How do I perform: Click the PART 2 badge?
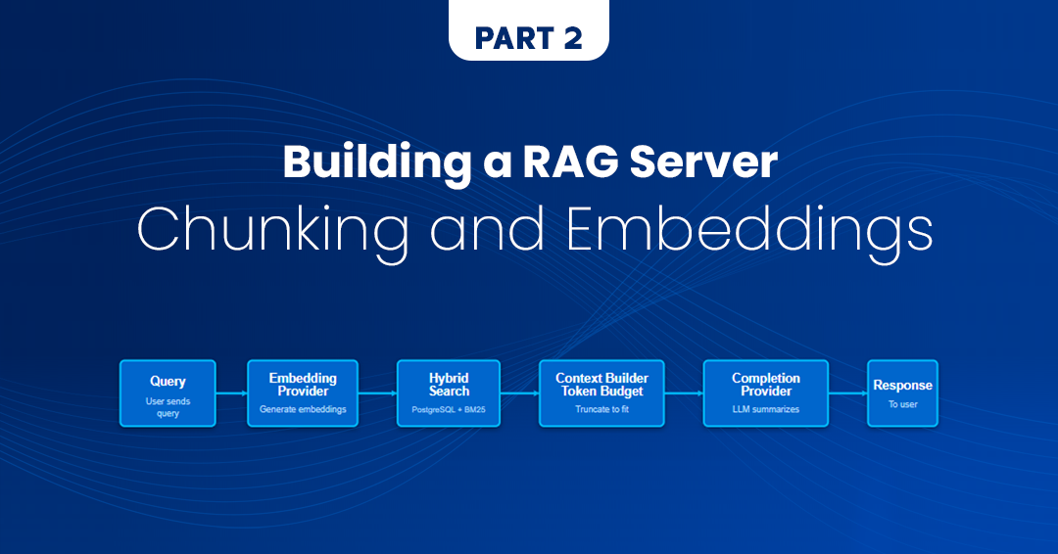[x=529, y=37]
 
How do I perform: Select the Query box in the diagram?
[x=168, y=392]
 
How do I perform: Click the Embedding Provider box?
[x=303, y=392]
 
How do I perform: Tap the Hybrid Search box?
[x=449, y=392]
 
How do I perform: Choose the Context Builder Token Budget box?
[x=601, y=392]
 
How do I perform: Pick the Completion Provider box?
[x=765, y=392]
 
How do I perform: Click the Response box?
[x=902, y=392]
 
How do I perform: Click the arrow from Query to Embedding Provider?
[x=231, y=393]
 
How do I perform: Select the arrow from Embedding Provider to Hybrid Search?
[x=377, y=393]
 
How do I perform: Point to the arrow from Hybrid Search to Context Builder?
[x=519, y=393]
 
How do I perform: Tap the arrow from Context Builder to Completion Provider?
[x=684, y=393]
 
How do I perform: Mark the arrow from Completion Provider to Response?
[x=847, y=393]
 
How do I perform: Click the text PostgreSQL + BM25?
[x=449, y=409]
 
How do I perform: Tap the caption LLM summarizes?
[x=765, y=409]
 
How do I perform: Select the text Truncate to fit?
[x=601, y=409]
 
